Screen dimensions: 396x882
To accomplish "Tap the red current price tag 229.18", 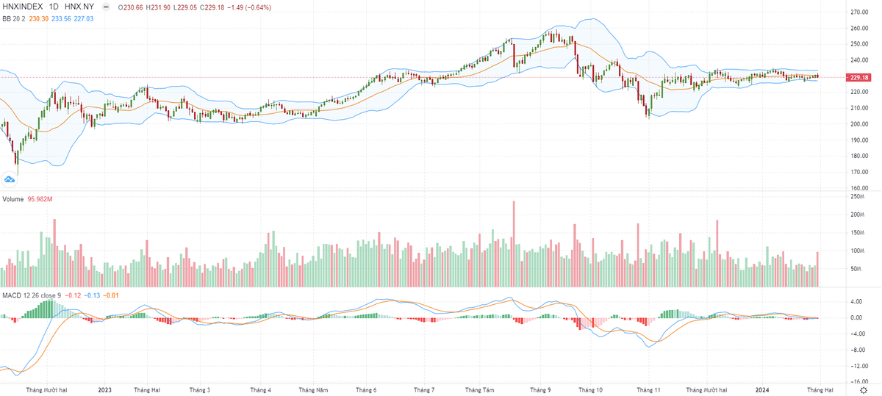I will (x=859, y=77).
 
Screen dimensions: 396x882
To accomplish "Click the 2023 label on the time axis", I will (x=104, y=390).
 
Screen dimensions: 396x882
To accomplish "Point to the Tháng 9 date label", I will (x=539, y=390).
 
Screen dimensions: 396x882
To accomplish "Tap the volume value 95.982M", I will (x=40, y=200).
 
